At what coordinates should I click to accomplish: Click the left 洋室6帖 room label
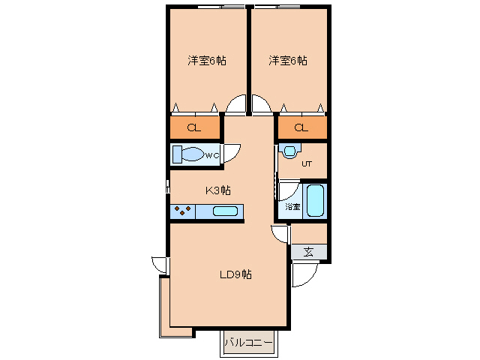(207, 61)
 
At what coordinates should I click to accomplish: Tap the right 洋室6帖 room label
(288, 61)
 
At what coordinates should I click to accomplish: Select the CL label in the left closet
(193, 127)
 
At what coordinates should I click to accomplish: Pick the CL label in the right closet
(301, 127)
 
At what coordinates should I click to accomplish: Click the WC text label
(211, 155)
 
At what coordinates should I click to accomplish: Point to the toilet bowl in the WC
(190, 155)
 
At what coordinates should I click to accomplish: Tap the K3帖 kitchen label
(217, 190)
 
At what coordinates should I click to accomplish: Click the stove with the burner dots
(182, 211)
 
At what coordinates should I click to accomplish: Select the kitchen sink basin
(225, 211)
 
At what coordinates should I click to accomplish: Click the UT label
(306, 163)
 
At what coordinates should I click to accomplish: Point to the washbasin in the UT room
(289, 150)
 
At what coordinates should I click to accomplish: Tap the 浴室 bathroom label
(292, 206)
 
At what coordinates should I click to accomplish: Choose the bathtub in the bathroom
(316, 200)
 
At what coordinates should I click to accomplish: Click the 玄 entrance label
(309, 252)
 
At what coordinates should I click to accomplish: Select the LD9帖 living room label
(235, 274)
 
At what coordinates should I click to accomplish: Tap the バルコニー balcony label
(248, 343)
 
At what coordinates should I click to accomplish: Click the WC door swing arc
(233, 151)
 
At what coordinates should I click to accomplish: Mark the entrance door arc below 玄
(304, 274)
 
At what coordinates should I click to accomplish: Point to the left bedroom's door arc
(236, 106)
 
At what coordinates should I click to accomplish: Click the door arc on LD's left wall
(160, 265)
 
